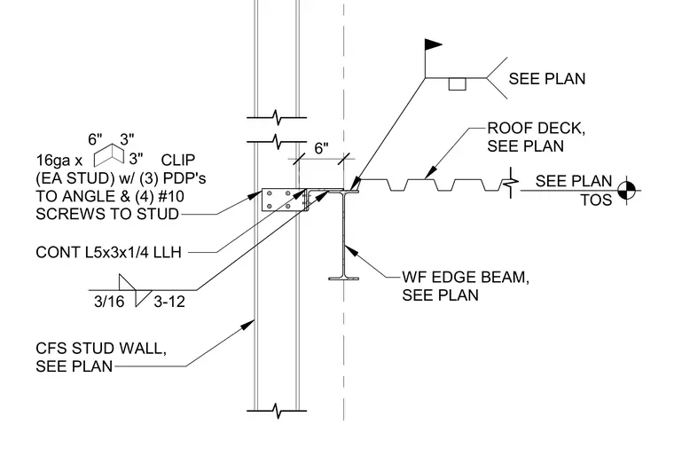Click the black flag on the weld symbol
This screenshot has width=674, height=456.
point(433,44)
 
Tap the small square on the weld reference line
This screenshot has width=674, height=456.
point(457,84)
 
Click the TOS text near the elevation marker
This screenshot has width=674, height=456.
point(596,200)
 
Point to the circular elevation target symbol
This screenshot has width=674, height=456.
point(626,190)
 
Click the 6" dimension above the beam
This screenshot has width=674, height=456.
point(322,148)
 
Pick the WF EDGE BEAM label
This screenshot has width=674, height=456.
point(466,286)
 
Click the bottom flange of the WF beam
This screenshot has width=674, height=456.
point(343,279)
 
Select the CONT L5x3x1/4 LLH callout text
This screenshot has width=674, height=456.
point(109,253)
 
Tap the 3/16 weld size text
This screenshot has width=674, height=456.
point(109,302)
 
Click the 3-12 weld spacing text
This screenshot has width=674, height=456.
point(169,302)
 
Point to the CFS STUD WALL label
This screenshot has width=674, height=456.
point(101,357)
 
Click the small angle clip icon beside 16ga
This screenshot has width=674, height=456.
point(109,155)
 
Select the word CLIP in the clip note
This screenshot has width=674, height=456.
point(178,160)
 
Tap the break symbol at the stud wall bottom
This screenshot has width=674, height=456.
point(277,411)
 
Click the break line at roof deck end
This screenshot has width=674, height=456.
point(511,183)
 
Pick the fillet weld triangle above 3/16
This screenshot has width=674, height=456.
point(127,282)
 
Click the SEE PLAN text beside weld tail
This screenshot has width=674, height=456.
point(547,79)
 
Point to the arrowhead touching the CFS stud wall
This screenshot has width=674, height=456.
point(247,325)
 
